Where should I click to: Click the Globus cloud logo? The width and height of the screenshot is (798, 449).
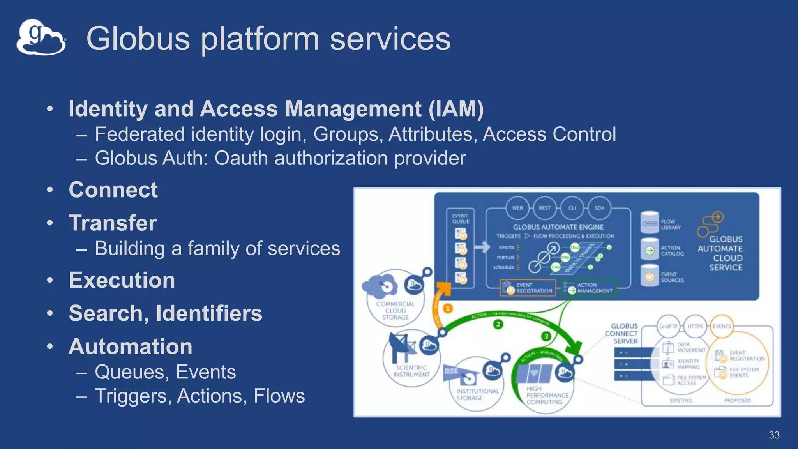click(41, 37)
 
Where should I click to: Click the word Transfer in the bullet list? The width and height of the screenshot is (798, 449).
click(113, 223)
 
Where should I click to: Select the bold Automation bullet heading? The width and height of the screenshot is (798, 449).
click(131, 346)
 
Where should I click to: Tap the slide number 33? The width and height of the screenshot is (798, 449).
click(774, 435)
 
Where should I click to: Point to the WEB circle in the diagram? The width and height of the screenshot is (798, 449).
click(517, 208)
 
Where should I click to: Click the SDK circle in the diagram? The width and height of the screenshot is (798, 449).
click(599, 208)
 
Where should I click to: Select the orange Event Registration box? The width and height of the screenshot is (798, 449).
click(528, 288)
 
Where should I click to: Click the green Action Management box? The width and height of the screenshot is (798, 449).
click(588, 288)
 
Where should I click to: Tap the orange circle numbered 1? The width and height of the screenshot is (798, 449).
click(448, 309)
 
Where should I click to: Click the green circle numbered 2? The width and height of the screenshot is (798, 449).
click(498, 324)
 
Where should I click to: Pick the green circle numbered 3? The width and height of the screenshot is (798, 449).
click(546, 336)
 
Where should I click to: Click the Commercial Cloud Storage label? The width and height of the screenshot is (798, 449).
click(395, 311)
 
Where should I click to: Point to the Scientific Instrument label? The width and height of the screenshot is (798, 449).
click(411, 371)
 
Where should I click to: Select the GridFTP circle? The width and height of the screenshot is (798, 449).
click(668, 326)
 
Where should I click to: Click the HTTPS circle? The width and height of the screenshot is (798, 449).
click(695, 326)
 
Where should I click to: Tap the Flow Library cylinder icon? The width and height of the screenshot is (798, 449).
click(650, 223)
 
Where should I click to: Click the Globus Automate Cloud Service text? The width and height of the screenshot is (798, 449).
click(721, 253)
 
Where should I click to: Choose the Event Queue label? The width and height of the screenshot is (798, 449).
click(460, 219)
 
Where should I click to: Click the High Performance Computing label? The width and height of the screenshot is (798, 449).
click(547, 395)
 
